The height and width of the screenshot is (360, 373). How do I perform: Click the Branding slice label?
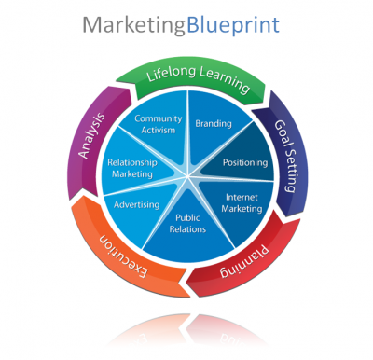(213, 123)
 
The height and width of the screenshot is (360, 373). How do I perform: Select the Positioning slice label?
(245, 162)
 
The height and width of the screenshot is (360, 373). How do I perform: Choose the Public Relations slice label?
(189, 224)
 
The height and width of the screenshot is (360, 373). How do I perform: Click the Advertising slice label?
(136, 204)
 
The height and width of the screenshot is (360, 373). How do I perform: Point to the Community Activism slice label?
(158, 125)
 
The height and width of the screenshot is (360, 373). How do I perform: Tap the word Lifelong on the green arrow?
(174, 79)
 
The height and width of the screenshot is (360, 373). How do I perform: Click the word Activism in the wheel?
(158, 131)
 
